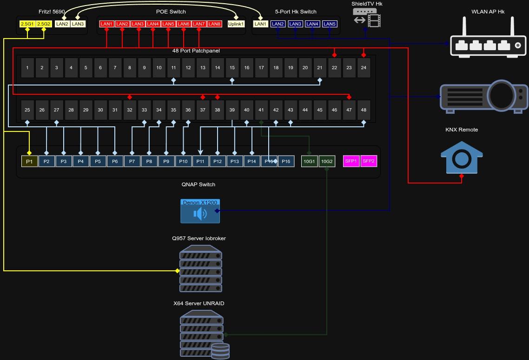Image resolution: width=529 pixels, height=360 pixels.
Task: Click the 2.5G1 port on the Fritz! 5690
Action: pos(27,24)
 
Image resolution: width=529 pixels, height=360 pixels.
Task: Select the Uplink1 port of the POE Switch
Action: pos(236,24)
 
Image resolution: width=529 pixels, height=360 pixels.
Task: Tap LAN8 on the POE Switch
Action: pos(214,24)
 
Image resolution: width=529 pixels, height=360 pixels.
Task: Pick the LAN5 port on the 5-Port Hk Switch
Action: pos(330,24)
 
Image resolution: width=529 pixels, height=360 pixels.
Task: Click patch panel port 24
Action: pos(364,68)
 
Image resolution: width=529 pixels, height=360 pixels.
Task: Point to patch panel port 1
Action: pos(27,68)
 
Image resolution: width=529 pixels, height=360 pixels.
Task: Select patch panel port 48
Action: pos(364,110)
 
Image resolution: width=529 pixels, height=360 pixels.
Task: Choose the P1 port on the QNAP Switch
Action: pos(29,162)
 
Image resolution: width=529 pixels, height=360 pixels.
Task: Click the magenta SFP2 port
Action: pos(369,161)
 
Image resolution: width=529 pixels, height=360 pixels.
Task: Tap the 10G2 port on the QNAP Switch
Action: pos(327,162)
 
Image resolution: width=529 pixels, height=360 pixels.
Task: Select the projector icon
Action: pos(484,97)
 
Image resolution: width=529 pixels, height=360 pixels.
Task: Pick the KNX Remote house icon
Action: pos(462,156)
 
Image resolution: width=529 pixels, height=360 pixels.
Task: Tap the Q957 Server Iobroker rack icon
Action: pos(200,268)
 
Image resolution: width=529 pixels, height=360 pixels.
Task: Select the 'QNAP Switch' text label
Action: pos(198,184)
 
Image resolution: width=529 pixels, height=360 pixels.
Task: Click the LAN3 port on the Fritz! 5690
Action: pos(78,24)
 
